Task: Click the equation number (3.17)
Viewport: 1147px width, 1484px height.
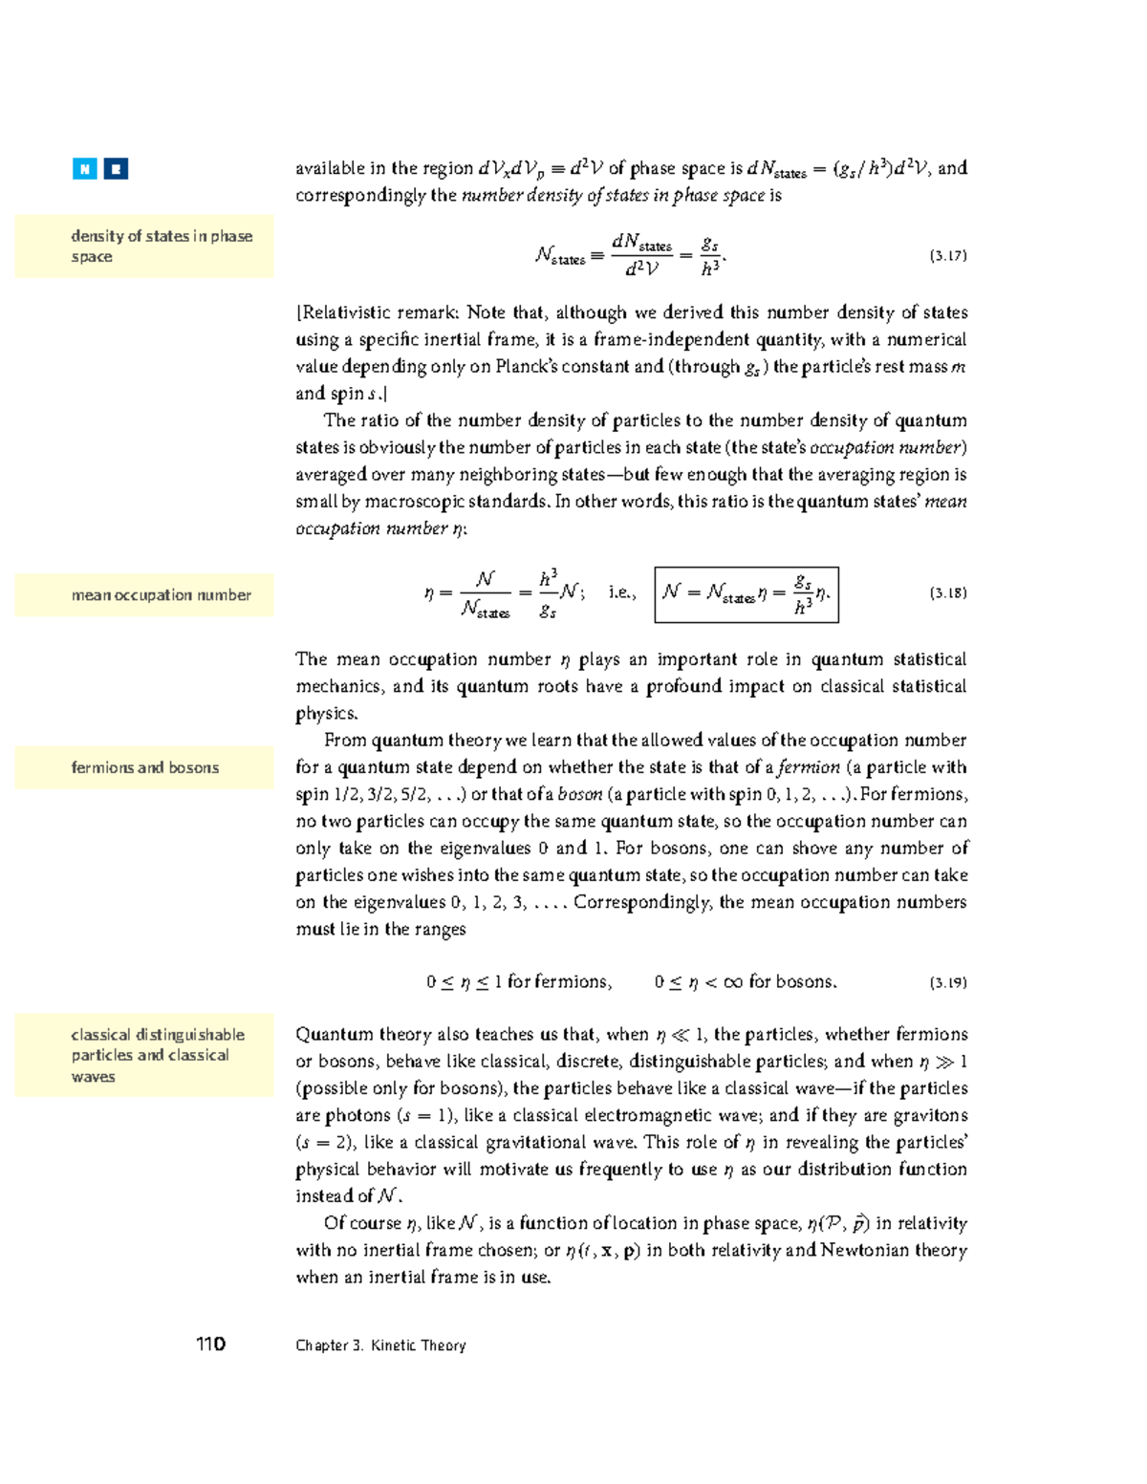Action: pos(947,256)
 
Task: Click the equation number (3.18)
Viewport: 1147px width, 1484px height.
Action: pos(947,593)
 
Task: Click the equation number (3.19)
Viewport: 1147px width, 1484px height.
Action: pos(947,982)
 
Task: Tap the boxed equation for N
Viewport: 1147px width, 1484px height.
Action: pos(746,594)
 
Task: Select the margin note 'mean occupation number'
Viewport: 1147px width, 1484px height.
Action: pos(161,595)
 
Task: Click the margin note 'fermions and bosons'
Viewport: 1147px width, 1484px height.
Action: pos(144,767)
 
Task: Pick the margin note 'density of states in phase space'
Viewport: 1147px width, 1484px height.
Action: pos(161,247)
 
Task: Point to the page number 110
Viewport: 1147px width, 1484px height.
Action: pos(210,1344)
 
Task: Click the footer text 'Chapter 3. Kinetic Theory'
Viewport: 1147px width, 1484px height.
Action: pos(380,1345)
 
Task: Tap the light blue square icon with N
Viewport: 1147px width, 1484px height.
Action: pos(85,169)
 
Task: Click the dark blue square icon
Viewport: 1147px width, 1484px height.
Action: pos(116,169)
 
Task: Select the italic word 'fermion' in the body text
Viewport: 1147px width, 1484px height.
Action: pos(809,767)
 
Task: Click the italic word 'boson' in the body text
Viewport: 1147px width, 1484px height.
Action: pos(580,794)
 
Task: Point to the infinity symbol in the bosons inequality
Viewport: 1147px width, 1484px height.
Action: pos(733,982)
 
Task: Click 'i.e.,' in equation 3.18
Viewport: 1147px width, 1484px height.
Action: pos(621,592)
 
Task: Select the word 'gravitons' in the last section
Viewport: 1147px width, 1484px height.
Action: pos(933,1115)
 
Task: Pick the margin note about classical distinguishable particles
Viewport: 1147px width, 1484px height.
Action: pos(157,1055)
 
